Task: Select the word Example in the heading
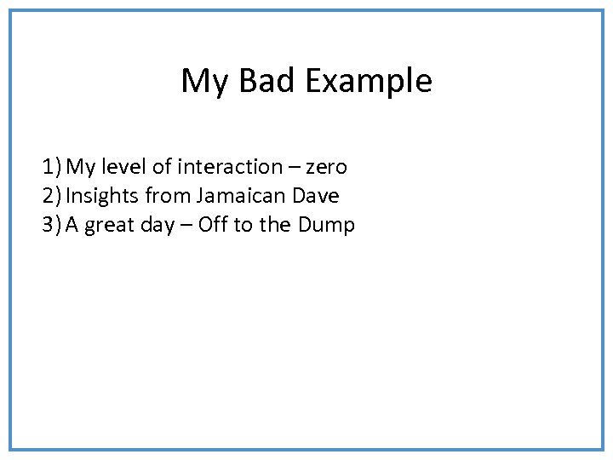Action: coord(368,81)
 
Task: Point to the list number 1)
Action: coord(52,167)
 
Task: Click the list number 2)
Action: coord(52,196)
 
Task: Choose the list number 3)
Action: coord(52,225)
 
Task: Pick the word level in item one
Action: coord(124,167)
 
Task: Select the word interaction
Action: coord(228,167)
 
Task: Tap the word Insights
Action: coord(102,196)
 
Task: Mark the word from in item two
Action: coord(167,196)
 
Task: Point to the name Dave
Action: coord(315,196)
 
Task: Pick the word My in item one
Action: coord(82,168)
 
